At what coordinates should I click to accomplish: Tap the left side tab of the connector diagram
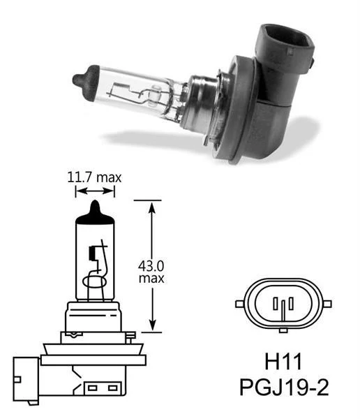[241, 304]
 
